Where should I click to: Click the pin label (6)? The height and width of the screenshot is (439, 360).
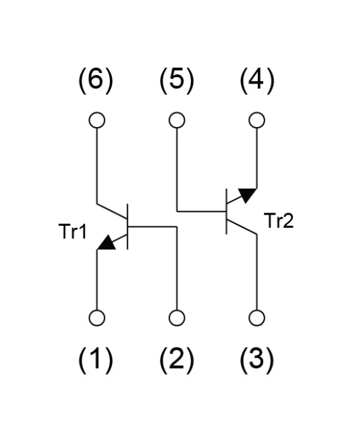(x=95, y=81)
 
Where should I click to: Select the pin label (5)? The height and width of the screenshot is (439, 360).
(x=176, y=81)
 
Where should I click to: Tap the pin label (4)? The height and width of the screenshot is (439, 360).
(x=257, y=81)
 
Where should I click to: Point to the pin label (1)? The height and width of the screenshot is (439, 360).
(x=95, y=360)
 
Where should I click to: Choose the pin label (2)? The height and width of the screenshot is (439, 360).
(x=176, y=360)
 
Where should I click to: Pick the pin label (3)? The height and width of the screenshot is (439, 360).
(x=257, y=360)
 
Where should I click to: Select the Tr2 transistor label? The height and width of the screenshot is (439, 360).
(x=280, y=220)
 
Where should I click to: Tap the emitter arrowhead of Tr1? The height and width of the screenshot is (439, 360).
(x=107, y=242)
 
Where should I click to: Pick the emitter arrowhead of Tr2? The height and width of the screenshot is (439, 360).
(x=247, y=195)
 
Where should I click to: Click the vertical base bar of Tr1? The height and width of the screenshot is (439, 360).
(x=128, y=226)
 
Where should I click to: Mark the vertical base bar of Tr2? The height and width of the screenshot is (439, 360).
(x=226, y=211)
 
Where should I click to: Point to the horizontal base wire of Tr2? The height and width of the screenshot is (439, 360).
(x=201, y=211)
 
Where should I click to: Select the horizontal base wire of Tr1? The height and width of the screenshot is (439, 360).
(x=153, y=226)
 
